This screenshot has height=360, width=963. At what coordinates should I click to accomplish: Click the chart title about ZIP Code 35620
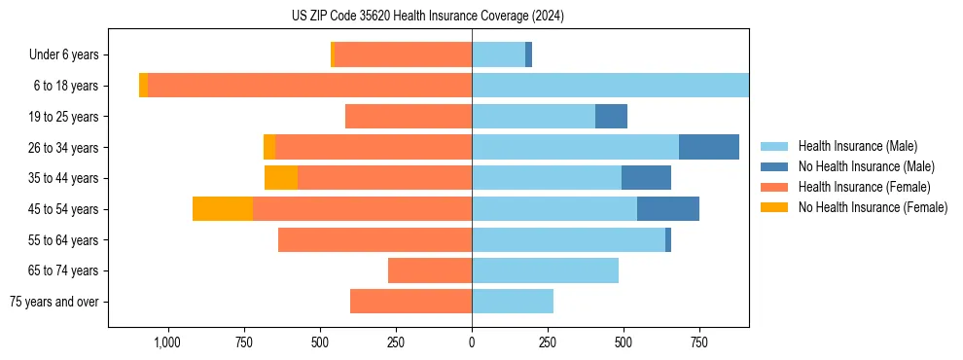pyautogui.click(x=428, y=16)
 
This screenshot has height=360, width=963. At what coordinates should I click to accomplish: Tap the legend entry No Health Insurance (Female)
pyautogui.click(x=872, y=207)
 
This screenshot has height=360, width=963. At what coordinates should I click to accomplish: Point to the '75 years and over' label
pyautogui.click(x=54, y=302)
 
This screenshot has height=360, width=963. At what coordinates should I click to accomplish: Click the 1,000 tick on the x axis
pyautogui.click(x=167, y=342)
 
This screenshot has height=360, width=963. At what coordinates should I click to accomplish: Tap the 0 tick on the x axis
pyautogui.click(x=472, y=342)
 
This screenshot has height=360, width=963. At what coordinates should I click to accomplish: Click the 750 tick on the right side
pyautogui.click(x=699, y=342)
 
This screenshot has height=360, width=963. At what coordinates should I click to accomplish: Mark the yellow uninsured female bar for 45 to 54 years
pyautogui.click(x=223, y=209)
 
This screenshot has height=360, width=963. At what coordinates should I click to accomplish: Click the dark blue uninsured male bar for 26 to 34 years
pyautogui.click(x=709, y=147)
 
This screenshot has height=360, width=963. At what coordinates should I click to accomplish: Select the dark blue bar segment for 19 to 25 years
pyautogui.click(x=611, y=117)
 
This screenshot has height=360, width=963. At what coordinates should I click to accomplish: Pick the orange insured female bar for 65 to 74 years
pyautogui.click(x=430, y=270)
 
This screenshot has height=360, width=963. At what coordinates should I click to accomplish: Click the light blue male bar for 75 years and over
pyautogui.click(x=513, y=302)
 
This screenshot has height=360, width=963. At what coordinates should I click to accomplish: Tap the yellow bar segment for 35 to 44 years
pyautogui.click(x=281, y=178)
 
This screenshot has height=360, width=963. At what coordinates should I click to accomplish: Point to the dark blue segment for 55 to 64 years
pyautogui.click(x=668, y=239)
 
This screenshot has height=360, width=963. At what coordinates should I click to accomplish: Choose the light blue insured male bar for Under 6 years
pyautogui.click(x=498, y=55)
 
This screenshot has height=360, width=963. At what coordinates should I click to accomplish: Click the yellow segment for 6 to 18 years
pyautogui.click(x=144, y=86)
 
